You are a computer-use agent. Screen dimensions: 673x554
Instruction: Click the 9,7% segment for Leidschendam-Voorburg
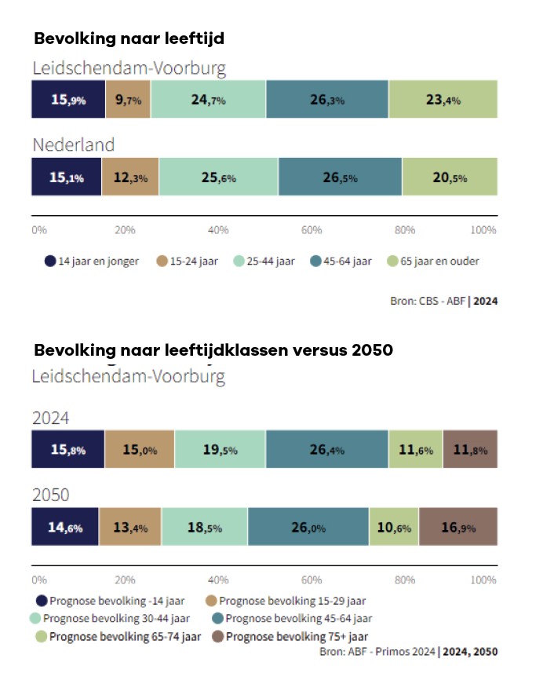coord(128,100)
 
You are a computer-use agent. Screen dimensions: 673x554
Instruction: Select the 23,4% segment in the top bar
coord(443,100)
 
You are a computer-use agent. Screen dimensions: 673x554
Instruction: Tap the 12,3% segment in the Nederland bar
coord(130,177)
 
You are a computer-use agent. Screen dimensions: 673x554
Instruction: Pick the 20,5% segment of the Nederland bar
coord(450,177)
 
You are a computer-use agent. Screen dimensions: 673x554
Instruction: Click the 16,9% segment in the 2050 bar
coord(457,528)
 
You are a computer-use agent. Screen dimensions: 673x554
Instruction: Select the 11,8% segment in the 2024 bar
coord(470,450)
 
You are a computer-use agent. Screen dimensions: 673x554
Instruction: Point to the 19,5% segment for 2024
coord(220,450)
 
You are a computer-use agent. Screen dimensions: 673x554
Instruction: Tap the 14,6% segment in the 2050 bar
coord(65,528)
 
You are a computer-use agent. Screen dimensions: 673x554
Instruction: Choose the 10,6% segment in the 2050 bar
coord(393,528)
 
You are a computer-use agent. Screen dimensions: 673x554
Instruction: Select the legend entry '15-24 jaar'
coord(192,262)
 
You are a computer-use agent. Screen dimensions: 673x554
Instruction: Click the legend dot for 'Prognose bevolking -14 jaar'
coord(39,601)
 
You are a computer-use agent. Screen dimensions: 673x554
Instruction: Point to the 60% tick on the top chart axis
coord(312,230)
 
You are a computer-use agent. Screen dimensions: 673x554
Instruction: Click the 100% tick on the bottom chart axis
coord(483,580)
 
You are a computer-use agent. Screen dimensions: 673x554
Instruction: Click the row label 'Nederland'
coord(73,144)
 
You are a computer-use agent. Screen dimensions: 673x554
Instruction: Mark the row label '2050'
coord(50,495)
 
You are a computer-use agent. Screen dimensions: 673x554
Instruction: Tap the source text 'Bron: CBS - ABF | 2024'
coord(443,300)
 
